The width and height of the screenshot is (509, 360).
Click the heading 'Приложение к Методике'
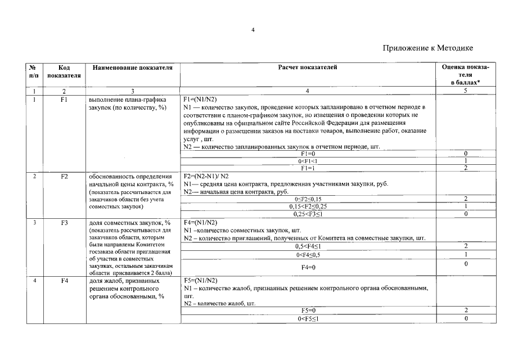(x=427, y=48)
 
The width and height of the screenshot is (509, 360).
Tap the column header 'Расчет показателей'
(x=308, y=67)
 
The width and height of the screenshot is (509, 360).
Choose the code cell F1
(x=64, y=100)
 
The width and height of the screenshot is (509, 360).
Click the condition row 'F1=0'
(x=308, y=154)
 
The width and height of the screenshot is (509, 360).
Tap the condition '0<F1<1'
(x=308, y=161)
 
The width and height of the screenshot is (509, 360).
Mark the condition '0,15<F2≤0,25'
(x=308, y=206)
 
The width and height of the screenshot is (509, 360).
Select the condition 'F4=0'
(x=308, y=268)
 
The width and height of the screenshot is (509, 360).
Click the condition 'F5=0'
(x=308, y=310)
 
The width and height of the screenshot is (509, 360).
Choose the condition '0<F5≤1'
(x=308, y=319)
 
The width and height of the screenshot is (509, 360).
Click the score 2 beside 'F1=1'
(x=466, y=168)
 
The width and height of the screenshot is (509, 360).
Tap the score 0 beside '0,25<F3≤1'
(x=466, y=214)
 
